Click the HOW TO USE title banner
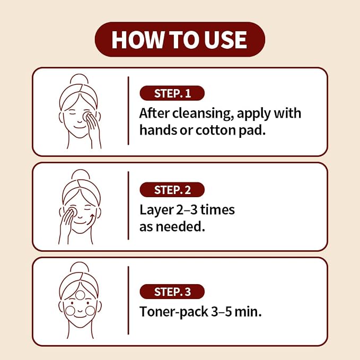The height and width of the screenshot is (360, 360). [x=180, y=39]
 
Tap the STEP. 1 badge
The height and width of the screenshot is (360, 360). [x=172, y=93]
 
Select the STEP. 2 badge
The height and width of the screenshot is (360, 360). [x=172, y=190]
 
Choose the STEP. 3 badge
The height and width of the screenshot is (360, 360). [x=172, y=292]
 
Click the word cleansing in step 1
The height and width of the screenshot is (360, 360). [x=203, y=114]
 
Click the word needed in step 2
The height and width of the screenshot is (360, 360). [x=180, y=226]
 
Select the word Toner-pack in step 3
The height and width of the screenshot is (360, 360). [x=173, y=312]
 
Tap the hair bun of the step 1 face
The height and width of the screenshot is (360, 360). [x=79, y=79]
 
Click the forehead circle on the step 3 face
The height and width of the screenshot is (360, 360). [x=80, y=295]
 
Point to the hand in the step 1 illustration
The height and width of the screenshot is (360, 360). [x=93, y=128]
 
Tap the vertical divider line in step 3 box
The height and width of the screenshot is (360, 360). [x=128, y=300]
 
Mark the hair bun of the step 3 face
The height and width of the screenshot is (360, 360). [x=80, y=267]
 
